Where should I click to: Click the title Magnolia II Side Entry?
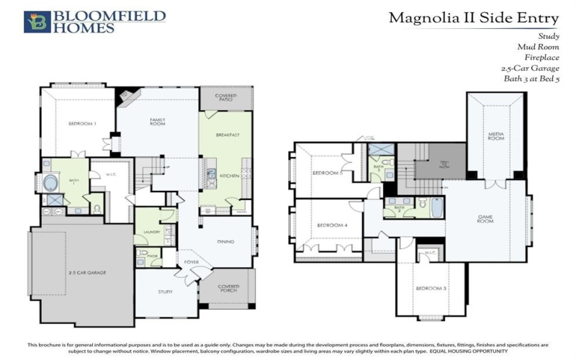(474, 17)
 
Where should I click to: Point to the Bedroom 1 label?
(82, 124)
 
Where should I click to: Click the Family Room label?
(158, 121)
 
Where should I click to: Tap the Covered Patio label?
(225, 97)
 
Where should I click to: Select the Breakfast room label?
(228, 135)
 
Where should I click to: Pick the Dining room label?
(225, 241)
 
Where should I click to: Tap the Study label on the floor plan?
(166, 292)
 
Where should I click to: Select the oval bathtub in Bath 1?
(51, 183)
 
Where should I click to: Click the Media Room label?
(495, 135)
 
